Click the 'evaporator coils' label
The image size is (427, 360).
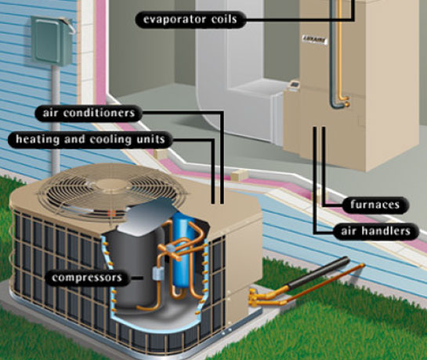coord(190,20)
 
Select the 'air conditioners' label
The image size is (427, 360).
coord(89,113)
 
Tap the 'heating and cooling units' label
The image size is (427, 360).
coord(90,139)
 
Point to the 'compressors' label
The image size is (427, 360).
coord(87,278)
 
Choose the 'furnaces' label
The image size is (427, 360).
coord(375,204)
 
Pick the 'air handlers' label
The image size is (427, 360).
coord(375,232)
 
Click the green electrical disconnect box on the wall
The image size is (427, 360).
coord(52,41)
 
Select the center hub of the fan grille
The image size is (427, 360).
coord(113,185)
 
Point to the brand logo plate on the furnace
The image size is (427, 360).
coord(314,40)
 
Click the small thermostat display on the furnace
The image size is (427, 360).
coord(295,84)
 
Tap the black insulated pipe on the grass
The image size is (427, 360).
coord(318,273)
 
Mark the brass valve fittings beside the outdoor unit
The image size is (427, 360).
coord(254,297)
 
